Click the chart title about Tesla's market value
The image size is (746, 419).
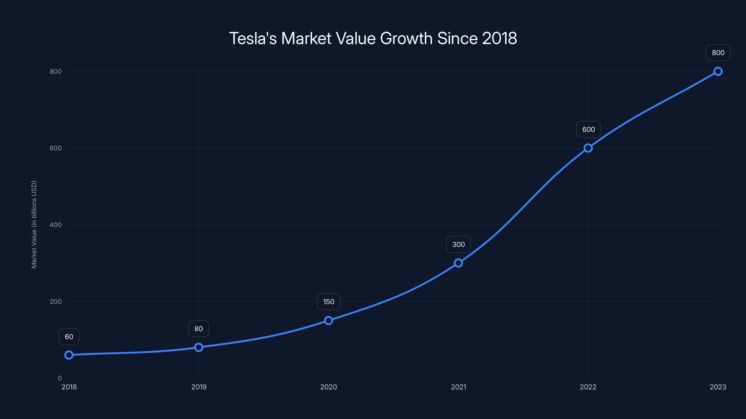tap(373, 38)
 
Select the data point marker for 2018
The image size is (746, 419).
tap(69, 355)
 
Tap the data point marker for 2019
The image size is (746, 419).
tap(199, 347)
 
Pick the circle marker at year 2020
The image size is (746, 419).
tap(328, 320)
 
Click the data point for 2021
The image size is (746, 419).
tap(458, 263)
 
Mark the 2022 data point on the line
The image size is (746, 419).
tap(588, 148)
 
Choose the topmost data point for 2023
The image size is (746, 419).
tap(718, 71)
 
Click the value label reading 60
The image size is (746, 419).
tap(69, 337)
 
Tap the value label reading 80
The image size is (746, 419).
tap(199, 329)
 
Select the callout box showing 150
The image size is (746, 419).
tap(328, 302)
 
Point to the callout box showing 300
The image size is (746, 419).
tap(458, 245)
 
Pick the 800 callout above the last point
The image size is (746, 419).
tap(718, 53)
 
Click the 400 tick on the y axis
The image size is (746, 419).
tap(56, 225)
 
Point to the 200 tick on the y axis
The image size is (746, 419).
tap(56, 301)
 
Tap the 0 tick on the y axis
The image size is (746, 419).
tap(60, 378)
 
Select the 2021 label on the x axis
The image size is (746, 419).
tap(458, 387)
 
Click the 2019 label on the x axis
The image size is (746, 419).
tap(199, 387)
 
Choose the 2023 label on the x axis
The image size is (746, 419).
tap(718, 387)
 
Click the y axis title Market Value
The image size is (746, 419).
tap(34, 224)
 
